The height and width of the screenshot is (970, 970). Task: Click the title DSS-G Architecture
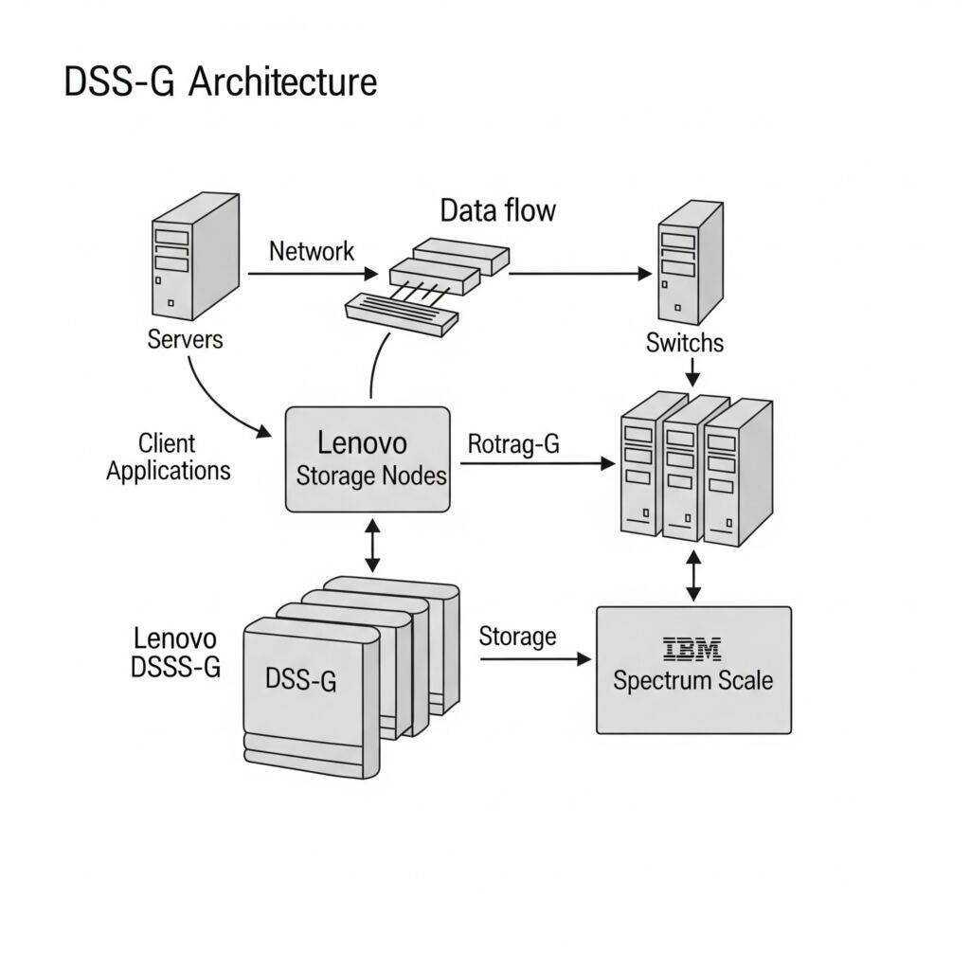tap(220, 82)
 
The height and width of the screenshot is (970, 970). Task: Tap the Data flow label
tap(497, 210)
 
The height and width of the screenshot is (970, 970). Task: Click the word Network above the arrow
tap(312, 251)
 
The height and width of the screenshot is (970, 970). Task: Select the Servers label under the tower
tap(186, 339)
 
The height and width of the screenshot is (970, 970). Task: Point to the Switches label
tap(684, 342)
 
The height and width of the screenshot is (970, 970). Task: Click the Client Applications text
tap(168, 457)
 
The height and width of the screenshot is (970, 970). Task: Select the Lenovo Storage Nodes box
tap(368, 459)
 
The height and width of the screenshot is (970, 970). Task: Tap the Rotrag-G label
tap(514, 444)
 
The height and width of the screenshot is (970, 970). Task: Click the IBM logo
tap(692, 649)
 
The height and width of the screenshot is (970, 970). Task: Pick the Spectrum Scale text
tap(692, 680)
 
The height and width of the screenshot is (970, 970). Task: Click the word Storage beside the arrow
tap(517, 637)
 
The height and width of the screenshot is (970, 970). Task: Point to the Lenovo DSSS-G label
tap(175, 654)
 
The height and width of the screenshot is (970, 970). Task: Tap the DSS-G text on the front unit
tap(300, 679)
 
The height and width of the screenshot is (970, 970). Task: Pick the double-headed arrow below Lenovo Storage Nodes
tap(372, 545)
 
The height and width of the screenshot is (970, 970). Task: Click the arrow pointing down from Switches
tap(692, 371)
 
